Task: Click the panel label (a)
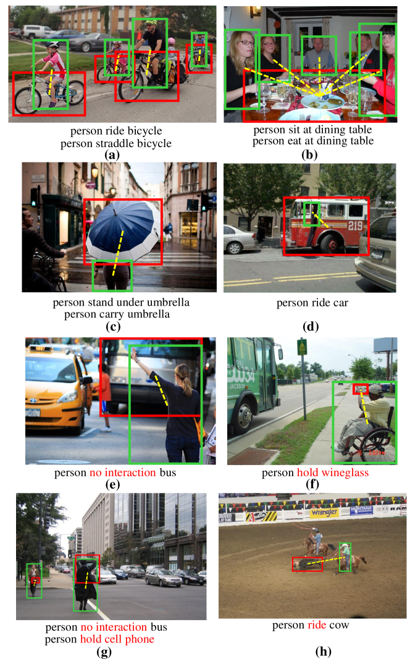tap(112, 155)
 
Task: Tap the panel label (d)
tap(311, 327)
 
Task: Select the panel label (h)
tap(324, 651)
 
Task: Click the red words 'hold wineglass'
tap(333, 473)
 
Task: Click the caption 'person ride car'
tap(312, 303)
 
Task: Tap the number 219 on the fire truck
tap(355, 225)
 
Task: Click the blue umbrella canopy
tap(123, 231)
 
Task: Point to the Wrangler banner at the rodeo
tap(325, 513)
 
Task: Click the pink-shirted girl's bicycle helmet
tap(52, 44)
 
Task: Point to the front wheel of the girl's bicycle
tap(28, 101)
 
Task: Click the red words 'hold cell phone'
tap(117, 639)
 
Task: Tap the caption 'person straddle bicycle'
tap(116, 143)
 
